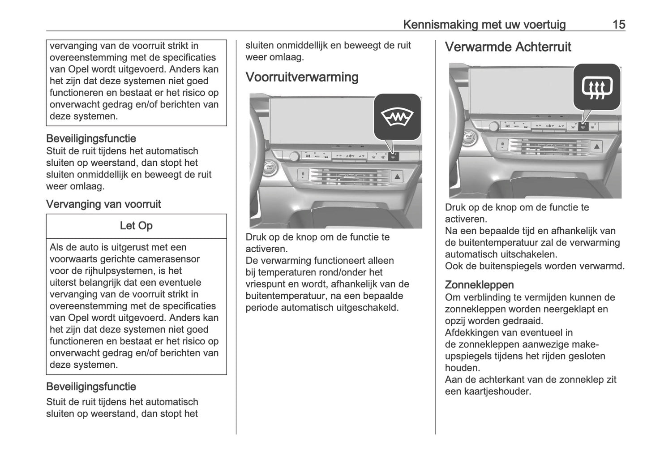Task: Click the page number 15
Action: point(618,24)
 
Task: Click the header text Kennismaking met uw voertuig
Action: point(484,24)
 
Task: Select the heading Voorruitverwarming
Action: point(302,77)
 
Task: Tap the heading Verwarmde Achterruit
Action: point(508,47)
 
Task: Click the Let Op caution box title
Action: point(136,226)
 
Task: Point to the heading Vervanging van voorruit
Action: point(103,204)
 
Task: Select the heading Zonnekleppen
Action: point(479,285)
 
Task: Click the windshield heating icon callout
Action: point(397,116)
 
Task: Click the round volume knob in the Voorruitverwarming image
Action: point(294,156)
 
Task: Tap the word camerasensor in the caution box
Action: point(170,259)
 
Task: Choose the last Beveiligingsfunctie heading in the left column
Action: point(91,387)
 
